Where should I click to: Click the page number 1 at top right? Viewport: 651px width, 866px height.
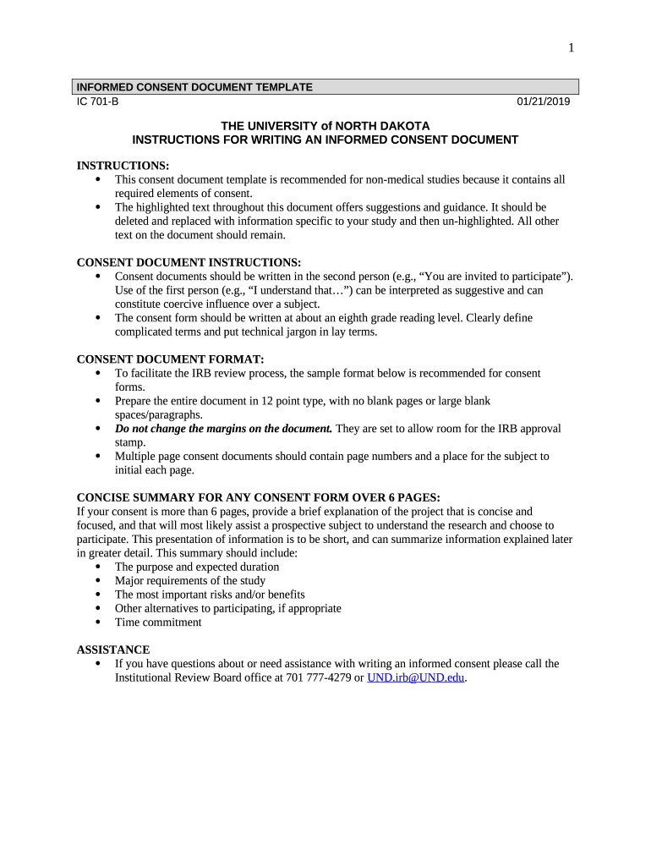(571, 48)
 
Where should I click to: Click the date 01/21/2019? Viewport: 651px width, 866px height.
(544, 102)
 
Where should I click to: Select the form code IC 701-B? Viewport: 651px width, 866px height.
(98, 102)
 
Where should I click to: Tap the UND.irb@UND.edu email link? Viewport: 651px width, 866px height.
(416, 677)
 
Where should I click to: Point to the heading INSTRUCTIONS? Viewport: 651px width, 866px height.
(123, 166)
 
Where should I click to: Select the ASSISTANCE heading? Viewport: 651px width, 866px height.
(113, 649)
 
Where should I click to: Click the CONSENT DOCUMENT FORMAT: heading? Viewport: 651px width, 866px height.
(170, 359)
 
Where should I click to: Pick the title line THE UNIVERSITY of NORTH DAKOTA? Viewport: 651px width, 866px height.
(325, 125)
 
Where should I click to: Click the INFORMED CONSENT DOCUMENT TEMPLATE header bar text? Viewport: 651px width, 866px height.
(194, 87)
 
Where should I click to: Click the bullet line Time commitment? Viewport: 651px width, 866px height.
(158, 622)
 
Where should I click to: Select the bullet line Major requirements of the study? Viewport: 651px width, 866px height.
(189, 581)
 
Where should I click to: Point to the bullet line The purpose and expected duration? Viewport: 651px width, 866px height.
(196, 567)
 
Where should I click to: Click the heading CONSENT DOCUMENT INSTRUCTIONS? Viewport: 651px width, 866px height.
(189, 262)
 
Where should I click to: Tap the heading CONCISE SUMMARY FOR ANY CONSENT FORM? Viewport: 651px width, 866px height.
(258, 497)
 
